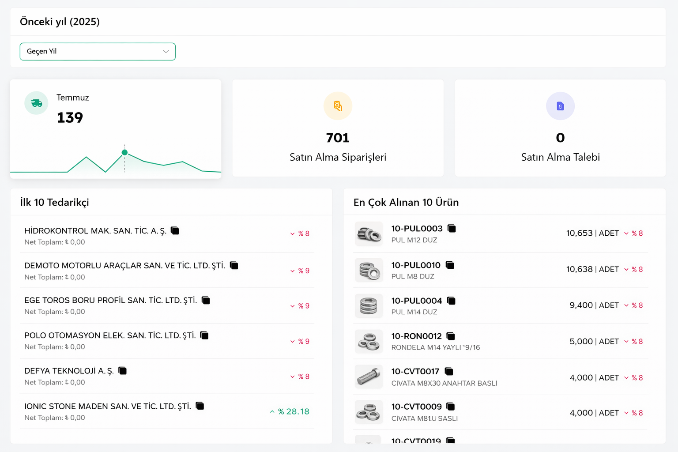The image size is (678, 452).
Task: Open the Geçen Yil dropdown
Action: tap(98, 52)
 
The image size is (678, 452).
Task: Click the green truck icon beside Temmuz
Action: tap(37, 103)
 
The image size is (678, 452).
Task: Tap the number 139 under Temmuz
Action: tap(70, 117)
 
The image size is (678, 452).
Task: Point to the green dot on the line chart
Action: tap(124, 152)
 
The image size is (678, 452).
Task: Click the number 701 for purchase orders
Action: tap(338, 138)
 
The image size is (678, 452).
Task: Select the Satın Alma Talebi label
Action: tap(560, 157)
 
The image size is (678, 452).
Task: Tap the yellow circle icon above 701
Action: tap(338, 106)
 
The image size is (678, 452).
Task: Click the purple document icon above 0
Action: tap(560, 106)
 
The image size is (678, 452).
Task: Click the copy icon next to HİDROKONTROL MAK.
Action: tap(175, 230)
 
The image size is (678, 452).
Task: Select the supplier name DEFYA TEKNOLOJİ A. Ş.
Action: tap(69, 371)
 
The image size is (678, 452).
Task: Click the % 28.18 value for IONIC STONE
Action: tap(293, 411)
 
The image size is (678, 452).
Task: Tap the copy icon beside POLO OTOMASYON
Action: tap(204, 335)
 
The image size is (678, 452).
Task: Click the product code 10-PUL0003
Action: tap(417, 229)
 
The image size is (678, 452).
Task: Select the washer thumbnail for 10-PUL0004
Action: tap(369, 305)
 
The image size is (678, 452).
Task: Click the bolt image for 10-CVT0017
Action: tap(369, 377)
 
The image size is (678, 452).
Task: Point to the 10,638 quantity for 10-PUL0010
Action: tap(579, 269)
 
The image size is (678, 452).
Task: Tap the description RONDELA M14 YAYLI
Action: tap(435, 347)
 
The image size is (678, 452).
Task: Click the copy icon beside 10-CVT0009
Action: tap(451, 407)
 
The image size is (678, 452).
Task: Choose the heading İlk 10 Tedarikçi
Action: tap(54, 202)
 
